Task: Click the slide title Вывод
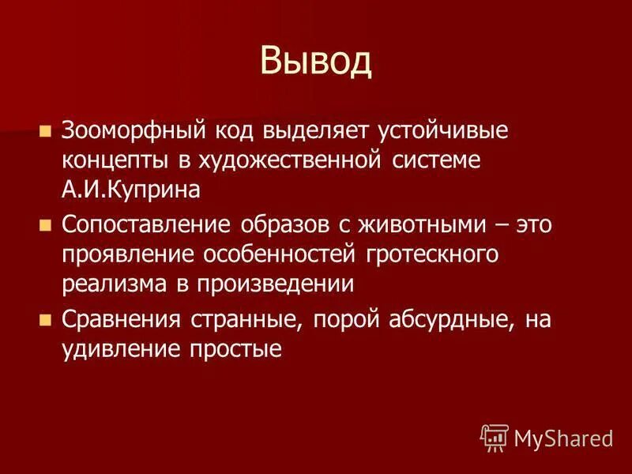315,62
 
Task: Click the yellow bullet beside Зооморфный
45,130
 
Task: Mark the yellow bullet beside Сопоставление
45,225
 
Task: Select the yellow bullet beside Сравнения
45,320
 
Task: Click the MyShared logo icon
495,436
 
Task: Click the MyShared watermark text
563,438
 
